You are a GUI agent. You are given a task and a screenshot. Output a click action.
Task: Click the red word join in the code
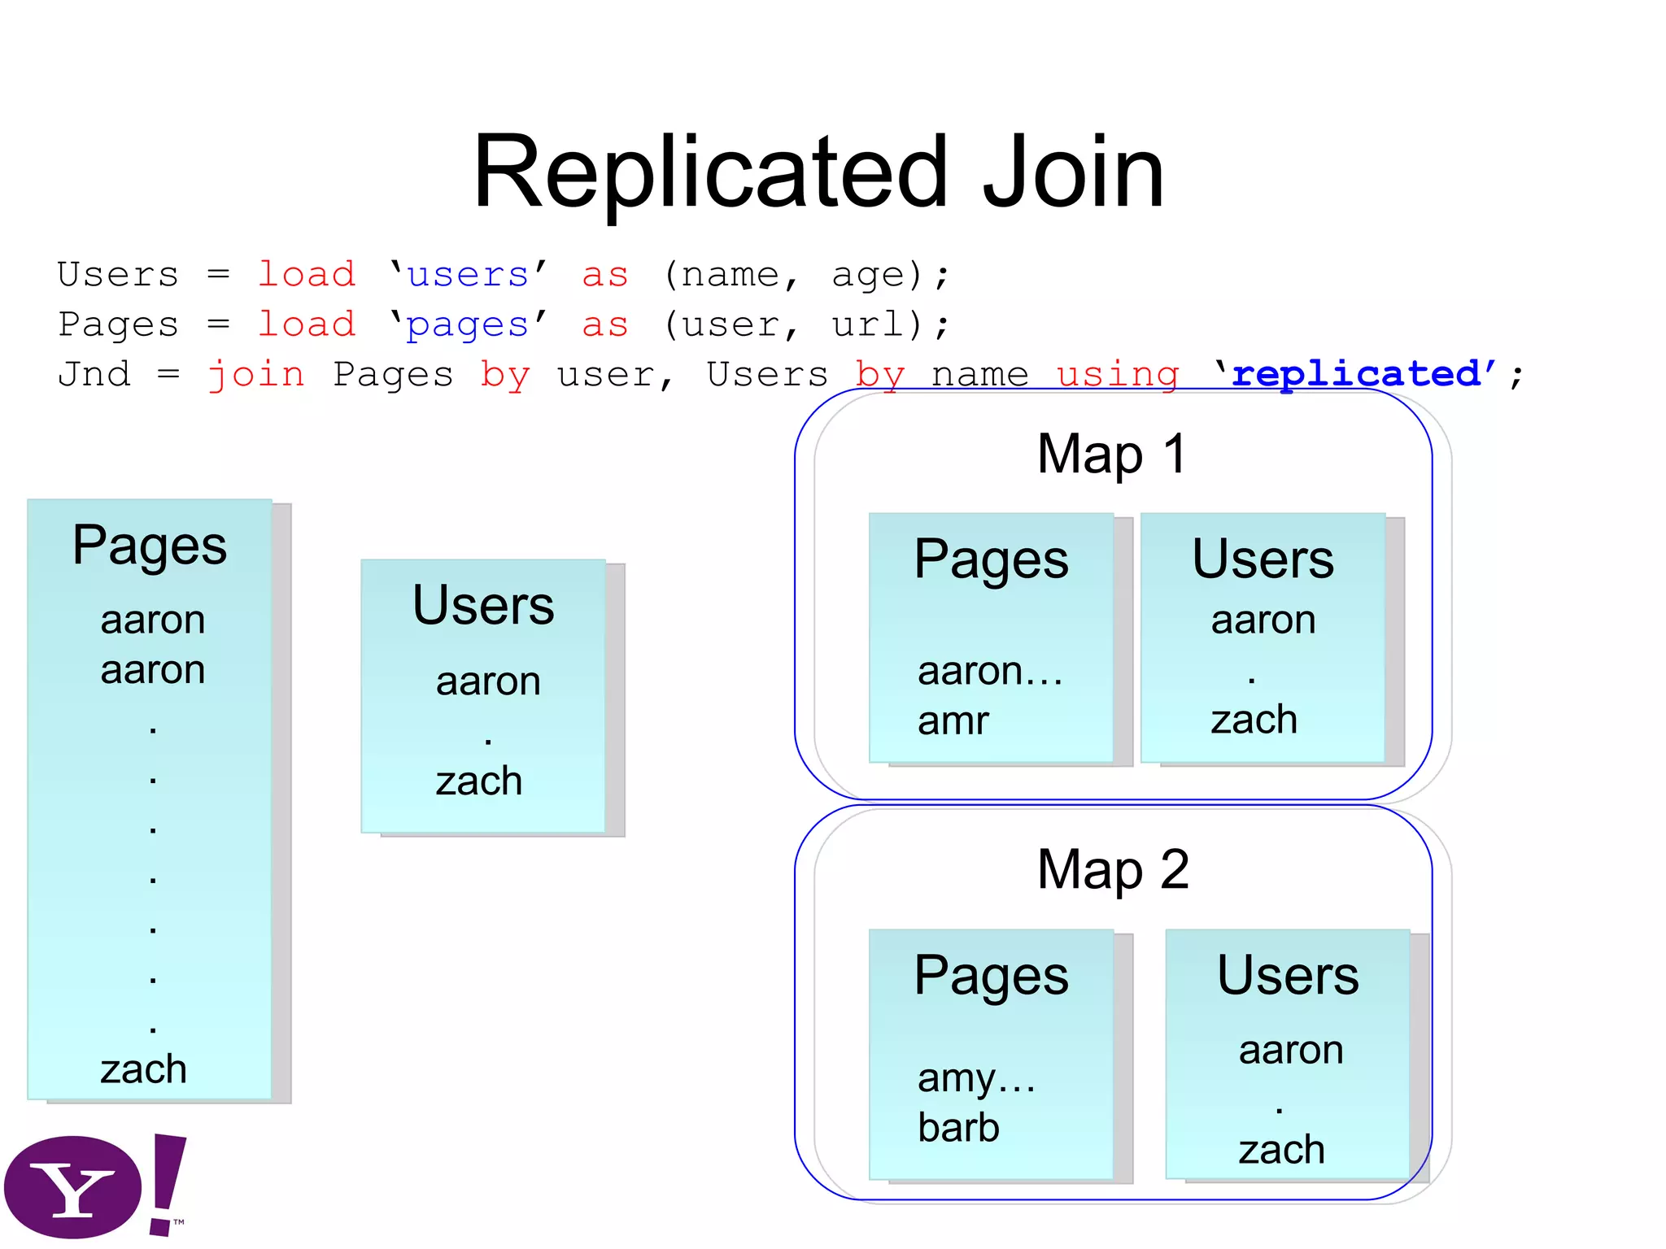pos(256,375)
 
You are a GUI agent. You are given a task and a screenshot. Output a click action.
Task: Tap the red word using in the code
pos(1118,375)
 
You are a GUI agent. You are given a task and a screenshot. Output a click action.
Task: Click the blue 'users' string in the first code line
pos(468,275)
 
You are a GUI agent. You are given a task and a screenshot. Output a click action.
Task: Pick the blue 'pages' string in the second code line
pos(468,325)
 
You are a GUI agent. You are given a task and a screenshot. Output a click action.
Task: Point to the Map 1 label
pos(1112,454)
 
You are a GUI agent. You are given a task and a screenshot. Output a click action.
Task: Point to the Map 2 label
pos(1112,869)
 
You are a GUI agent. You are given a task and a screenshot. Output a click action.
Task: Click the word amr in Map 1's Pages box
pos(953,721)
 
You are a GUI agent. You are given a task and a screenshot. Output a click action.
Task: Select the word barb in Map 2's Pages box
pos(958,1128)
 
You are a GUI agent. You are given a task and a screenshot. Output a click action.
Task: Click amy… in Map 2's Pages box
pos(976,1078)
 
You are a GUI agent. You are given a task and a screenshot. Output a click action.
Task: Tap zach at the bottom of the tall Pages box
pos(144,1069)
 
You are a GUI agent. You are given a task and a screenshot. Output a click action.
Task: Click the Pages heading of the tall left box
pos(150,545)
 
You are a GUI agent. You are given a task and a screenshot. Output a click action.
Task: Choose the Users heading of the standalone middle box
pos(483,606)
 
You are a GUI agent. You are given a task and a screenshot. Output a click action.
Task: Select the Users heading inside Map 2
pos(1288,975)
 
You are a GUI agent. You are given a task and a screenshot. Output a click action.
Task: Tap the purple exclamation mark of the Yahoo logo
pos(168,1183)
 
